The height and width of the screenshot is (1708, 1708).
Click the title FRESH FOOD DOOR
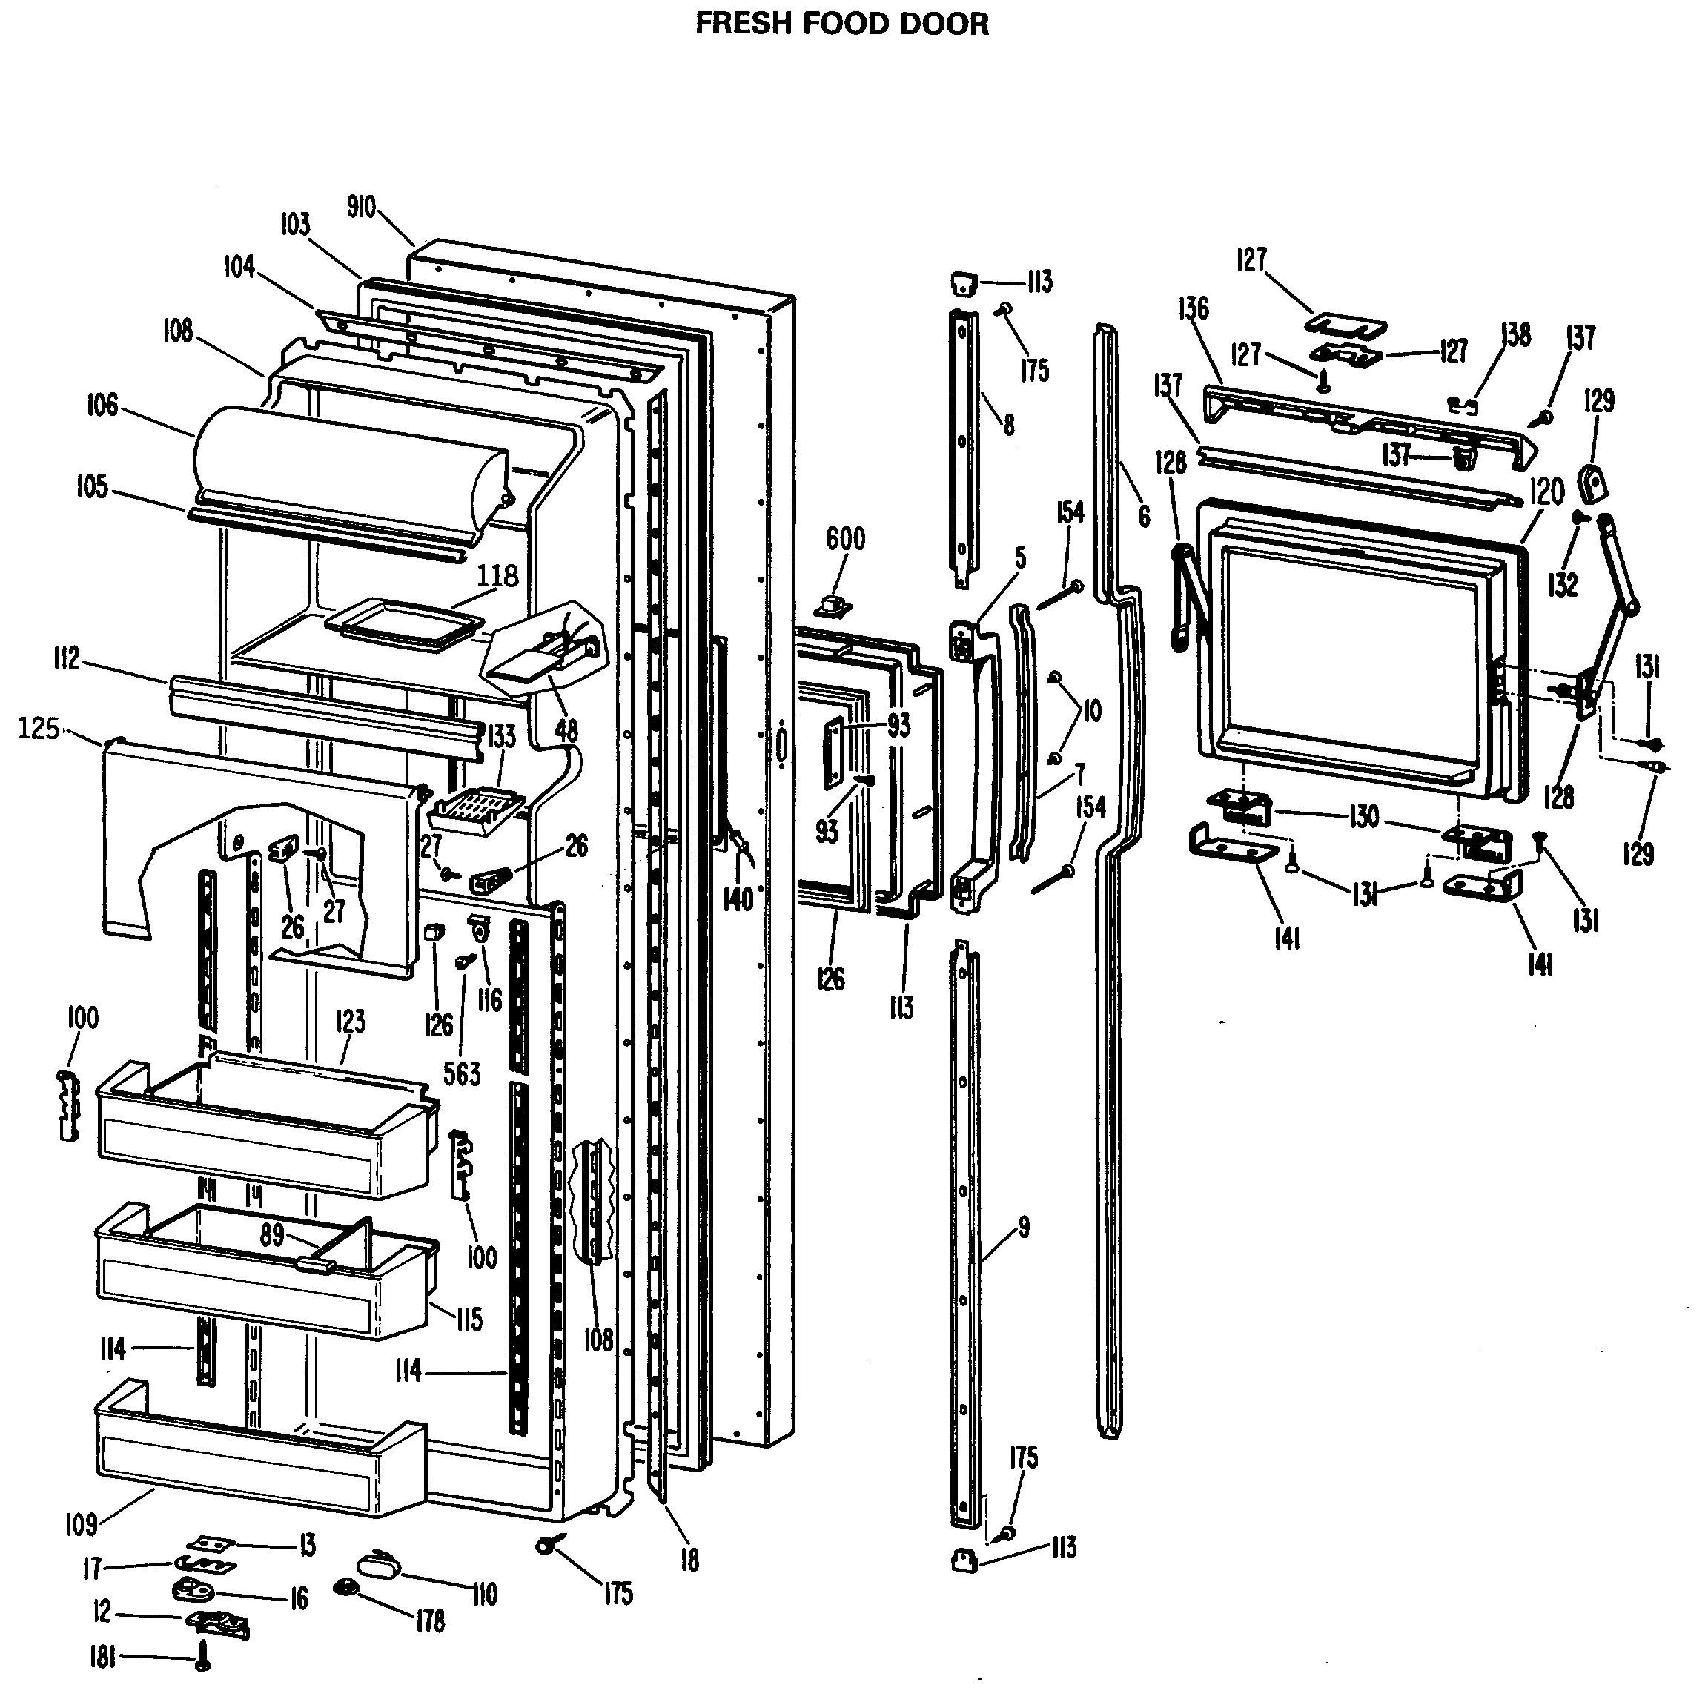841,24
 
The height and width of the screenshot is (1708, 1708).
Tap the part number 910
361,208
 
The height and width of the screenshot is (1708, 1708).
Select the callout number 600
845,538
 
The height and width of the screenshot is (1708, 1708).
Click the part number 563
462,1073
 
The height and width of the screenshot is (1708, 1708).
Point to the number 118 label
497,575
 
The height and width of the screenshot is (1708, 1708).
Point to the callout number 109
82,1524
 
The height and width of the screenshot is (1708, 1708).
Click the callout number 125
39,729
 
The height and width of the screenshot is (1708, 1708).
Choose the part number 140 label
738,899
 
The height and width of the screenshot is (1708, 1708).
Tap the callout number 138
1516,335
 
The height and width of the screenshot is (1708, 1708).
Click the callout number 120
1546,491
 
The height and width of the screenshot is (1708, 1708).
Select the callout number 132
1563,584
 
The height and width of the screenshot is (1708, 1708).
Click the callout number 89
271,1234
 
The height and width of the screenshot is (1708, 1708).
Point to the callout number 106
102,405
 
